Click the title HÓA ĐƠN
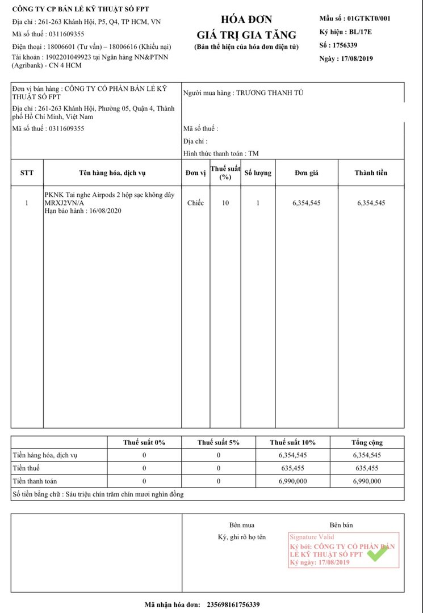coord(246,20)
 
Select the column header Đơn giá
coord(306,173)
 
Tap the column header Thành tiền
coord(371,173)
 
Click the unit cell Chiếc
coord(195,203)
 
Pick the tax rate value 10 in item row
coord(225,203)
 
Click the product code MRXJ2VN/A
coord(65,203)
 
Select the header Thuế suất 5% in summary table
coord(218,443)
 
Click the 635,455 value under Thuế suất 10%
coord(293,468)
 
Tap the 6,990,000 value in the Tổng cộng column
coord(367,481)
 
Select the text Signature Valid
coord(312,537)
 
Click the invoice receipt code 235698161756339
coord(233,605)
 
